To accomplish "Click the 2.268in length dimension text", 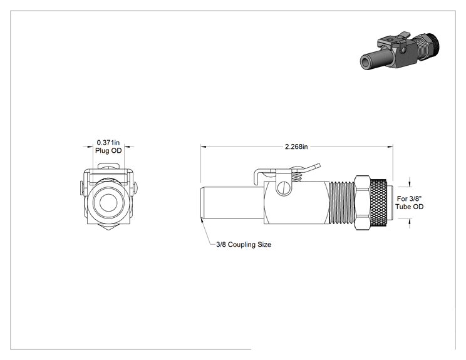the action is point(296,147).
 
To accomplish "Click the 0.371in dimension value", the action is point(108,143).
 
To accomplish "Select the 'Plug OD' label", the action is point(108,151).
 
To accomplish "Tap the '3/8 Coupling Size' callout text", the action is point(244,244).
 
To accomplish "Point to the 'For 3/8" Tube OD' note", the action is point(409,203).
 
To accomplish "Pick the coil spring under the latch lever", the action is point(297,177).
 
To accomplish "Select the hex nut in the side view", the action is point(362,202).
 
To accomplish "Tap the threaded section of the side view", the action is point(342,202).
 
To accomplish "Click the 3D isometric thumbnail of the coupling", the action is point(400,51).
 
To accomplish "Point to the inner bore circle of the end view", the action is point(108,203).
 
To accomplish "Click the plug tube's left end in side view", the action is point(201,203).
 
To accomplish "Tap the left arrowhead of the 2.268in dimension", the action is point(204,147).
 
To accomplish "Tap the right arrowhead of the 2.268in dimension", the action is point(390,147).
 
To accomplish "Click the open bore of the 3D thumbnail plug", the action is point(365,62).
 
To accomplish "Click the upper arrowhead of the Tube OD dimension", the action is point(410,184).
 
